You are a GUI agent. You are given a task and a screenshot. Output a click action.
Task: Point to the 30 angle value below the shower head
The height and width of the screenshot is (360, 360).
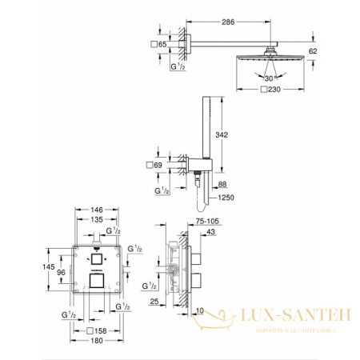pyautogui.click(x=268, y=78)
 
